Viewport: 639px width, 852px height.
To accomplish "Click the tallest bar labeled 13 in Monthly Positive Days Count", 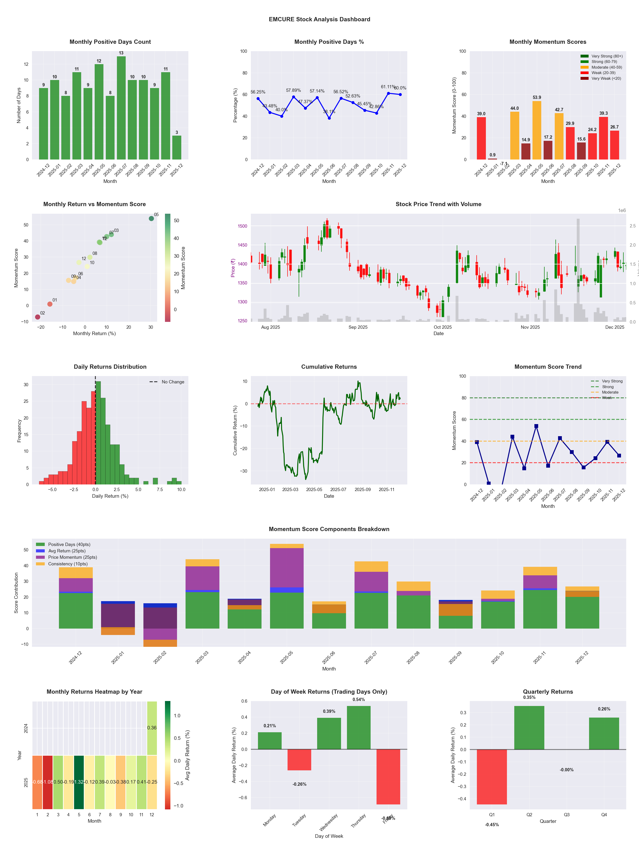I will click(121, 108).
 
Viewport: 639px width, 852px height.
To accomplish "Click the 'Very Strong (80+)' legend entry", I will click(607, 56).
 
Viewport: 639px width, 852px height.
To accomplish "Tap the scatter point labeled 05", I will click(151, 218).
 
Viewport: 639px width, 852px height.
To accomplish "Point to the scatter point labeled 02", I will click(37, 317).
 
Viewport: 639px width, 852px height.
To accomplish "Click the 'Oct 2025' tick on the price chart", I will click(443, 327).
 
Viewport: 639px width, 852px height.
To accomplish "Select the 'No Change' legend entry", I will click(173, 382).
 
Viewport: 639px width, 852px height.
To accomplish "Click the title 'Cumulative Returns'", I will click(329, 367).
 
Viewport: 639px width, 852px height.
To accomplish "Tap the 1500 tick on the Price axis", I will click(242, 226).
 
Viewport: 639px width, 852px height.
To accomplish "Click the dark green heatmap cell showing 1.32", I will click(79, 782).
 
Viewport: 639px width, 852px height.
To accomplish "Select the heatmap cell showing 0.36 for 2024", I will click(152, 728).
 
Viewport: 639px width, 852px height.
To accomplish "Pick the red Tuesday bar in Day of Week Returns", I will click(299, 759).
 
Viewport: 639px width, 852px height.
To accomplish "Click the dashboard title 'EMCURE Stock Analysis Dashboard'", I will click(319, 19).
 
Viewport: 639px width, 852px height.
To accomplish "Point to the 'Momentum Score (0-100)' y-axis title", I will click(454, 106).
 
